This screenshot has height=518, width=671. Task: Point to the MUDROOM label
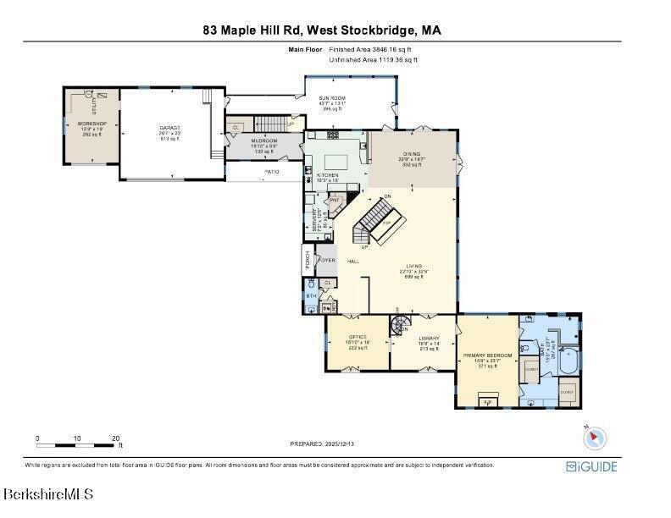click(264, 141)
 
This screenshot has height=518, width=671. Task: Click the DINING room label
click(412, 154)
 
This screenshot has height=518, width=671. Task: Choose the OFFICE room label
click(357, 337)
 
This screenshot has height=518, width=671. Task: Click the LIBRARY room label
click(428, 338)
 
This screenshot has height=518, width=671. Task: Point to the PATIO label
click(271, 172)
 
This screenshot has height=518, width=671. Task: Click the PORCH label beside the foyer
click(307, 261)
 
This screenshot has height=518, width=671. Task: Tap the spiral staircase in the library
click(399, 325)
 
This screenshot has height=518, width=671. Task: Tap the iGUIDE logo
click(591, 466)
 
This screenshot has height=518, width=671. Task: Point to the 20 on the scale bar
click(115, 438)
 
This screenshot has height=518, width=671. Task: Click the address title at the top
click(322, 30)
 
